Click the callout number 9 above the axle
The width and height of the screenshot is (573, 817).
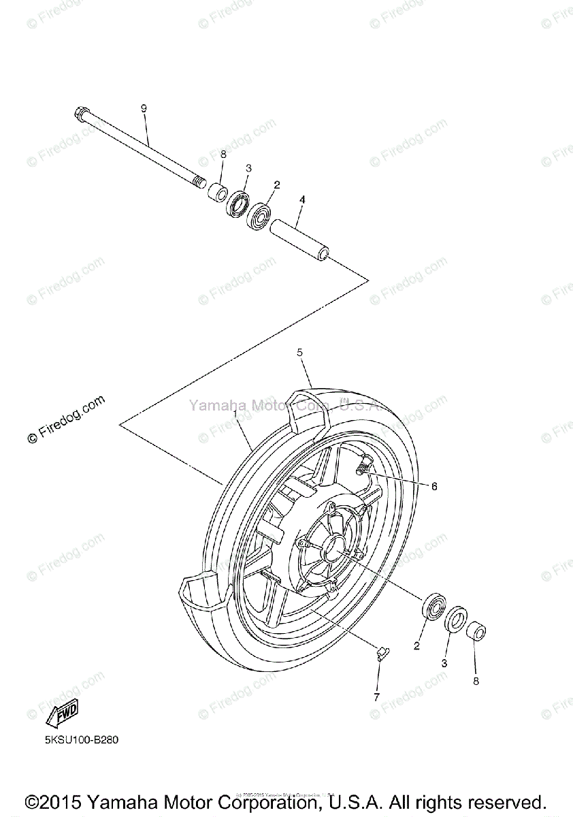[x=144, y=108]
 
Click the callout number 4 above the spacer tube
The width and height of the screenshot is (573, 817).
[x=302, y=199]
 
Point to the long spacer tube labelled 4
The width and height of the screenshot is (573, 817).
[x=299, y=238]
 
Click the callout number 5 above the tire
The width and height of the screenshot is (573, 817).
[x=299, y=352]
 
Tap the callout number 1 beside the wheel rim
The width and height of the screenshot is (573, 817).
[x=235, y=414]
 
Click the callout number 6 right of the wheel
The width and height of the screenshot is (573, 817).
[x=433, y=486]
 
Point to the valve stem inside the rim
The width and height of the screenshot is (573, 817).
[x=364, y=466]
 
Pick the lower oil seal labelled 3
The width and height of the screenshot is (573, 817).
[x=456, y=620]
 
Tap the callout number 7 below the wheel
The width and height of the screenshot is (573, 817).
[x=376, y=696]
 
